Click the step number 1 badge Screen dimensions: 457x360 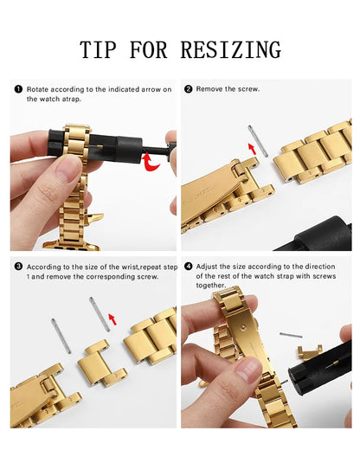click(x=17, y=89)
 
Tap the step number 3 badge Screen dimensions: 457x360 click(x=17, y=267)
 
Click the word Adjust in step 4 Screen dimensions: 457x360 click(x=208, y=267)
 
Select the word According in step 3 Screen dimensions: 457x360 click(x=42, y=267)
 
